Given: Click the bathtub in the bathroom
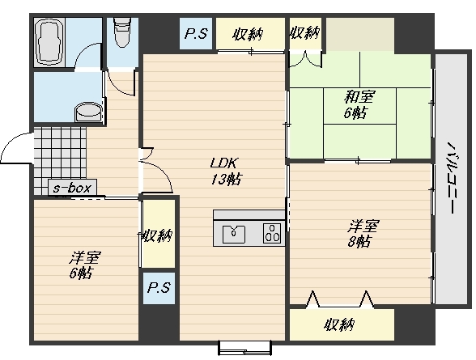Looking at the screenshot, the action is point(49,42).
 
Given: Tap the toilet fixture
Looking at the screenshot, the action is point(122,32).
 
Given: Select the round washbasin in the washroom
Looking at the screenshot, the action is point(88,113).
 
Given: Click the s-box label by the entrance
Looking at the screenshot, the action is point(72,188).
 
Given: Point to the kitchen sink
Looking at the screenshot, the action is point(233,234).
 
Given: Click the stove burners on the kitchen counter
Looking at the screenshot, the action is point(272,233).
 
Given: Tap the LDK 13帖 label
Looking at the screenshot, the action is point(226,172).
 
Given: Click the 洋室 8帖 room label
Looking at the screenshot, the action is point(363,234).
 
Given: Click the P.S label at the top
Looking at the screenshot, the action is point(196,33).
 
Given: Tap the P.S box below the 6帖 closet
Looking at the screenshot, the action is point(159,288).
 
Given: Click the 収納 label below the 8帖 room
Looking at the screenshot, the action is point(339,325).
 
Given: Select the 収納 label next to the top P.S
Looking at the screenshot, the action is point(248,35).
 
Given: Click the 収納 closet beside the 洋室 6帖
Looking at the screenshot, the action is point(159,234).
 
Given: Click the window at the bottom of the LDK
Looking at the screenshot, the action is point(244,348).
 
